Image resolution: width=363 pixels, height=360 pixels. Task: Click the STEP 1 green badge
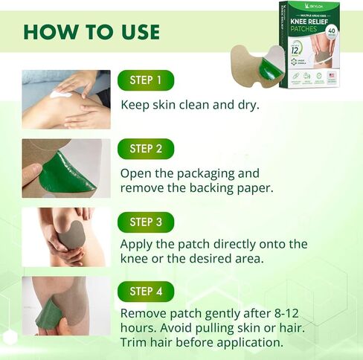tap(146, 80)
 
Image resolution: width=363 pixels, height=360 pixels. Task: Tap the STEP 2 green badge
tap(146, 149)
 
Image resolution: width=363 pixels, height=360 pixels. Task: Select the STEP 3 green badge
tap(146, 222)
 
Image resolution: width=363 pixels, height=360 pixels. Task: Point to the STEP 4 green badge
tap(146, 291)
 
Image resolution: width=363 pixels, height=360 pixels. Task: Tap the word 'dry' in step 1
tap(246, 105)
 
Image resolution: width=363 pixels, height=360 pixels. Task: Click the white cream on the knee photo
tap(63, 94)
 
